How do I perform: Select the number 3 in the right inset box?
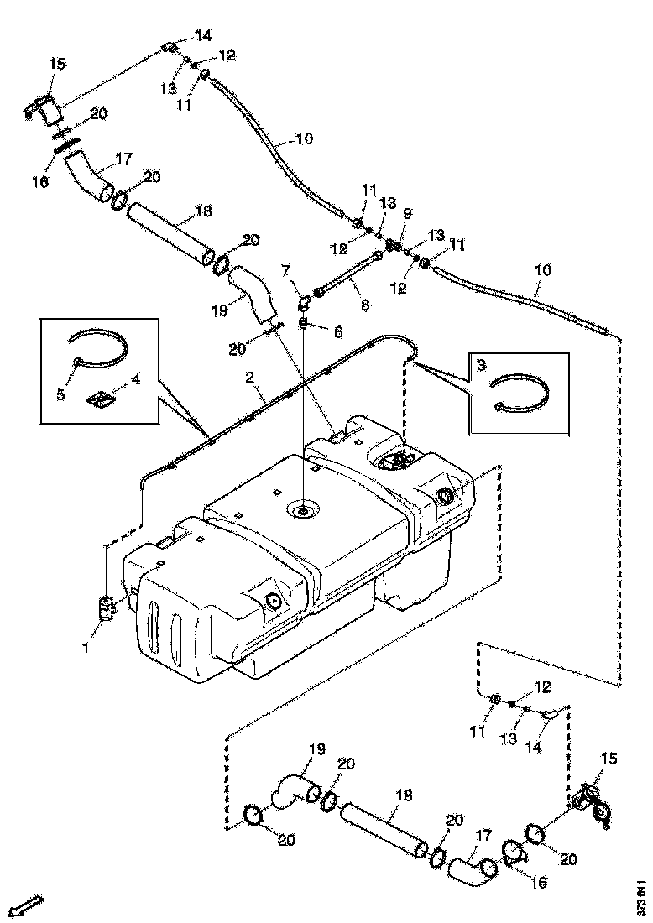pyautogui.click(x=481, y=366)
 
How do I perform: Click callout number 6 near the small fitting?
pyautogui.click(x=337, y=333)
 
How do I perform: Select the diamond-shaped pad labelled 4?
pyautogui.click(x=101, y=400)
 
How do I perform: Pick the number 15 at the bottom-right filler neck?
pyautogui.click(x=609, y=759)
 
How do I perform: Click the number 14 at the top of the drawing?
pyautogui.click(x=204, y=34)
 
